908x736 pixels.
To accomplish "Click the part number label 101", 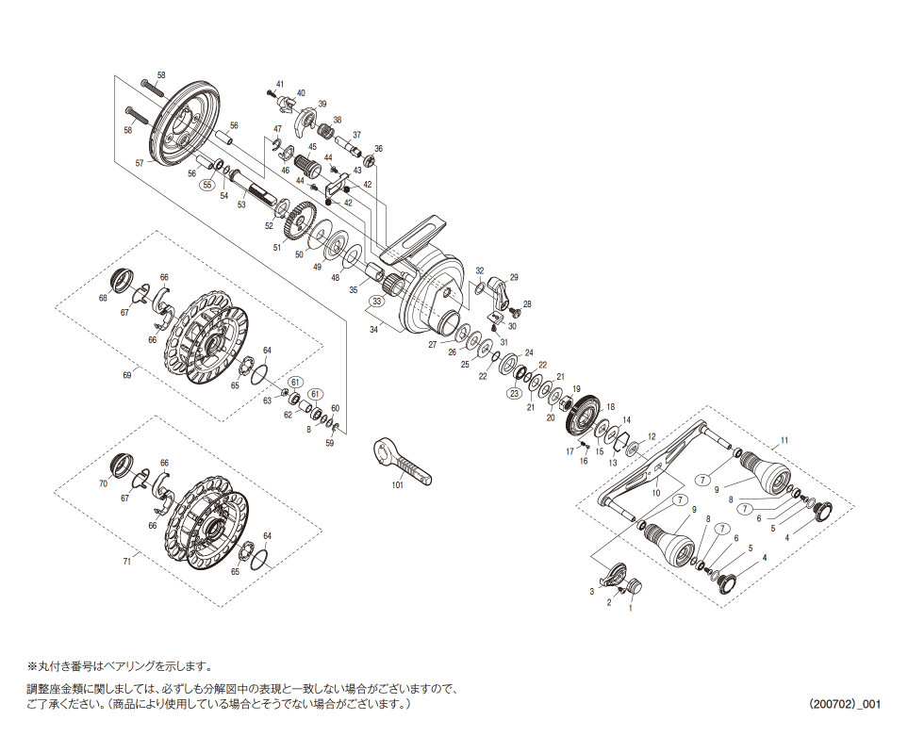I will [397, 485].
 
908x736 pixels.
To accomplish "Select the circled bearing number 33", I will [376, 302].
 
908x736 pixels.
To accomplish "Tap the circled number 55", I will [207, 187].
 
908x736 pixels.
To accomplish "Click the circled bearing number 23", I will [515, 393].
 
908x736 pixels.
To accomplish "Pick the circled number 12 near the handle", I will [651, 436].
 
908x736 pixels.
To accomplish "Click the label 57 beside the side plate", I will [140, 163].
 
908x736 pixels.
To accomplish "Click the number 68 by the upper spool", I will [103, 299].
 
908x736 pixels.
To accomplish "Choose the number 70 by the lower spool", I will [103, 483].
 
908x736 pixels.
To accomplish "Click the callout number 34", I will [373, 330].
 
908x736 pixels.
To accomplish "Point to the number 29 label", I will [514, 277].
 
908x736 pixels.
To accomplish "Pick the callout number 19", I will [576, 388].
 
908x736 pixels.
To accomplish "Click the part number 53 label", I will [240, 204].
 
